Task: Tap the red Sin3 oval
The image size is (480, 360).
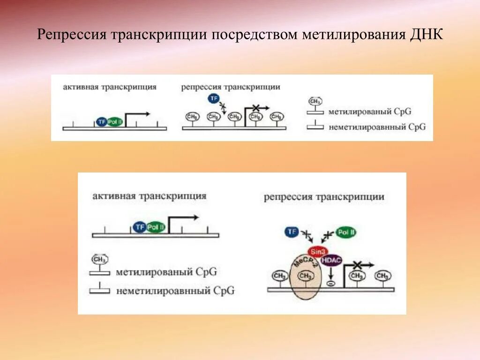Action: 316,250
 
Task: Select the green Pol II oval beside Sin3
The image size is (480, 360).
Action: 346,232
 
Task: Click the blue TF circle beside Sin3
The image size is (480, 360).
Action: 292,232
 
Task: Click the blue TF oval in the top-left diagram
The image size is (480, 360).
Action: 101,122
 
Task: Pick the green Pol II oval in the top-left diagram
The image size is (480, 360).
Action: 114,122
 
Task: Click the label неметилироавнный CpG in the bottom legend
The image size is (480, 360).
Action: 175,291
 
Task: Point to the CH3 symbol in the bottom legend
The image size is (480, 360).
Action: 99,260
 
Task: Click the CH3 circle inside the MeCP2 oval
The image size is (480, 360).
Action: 306,276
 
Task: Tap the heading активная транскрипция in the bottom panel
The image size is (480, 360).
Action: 149,196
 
